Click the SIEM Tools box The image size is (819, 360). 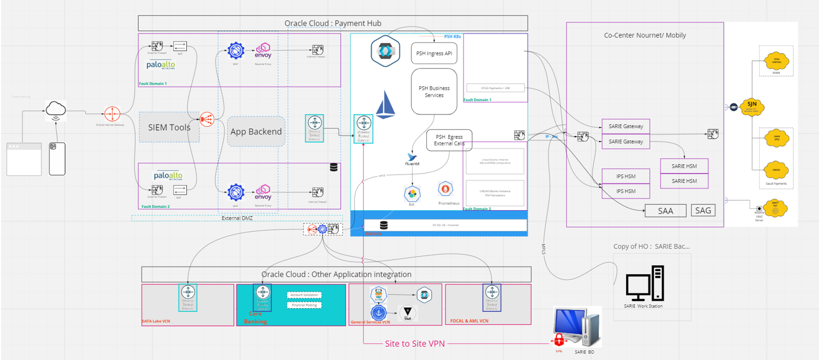point(169,127)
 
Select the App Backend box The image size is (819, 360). point(256,132)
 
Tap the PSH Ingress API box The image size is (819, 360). point(434,54)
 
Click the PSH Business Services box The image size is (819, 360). point(434,91)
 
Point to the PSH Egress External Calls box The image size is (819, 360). point(449,140)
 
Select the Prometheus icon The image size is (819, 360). point(446,190)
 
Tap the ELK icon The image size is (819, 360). point(411,194)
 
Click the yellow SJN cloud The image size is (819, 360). point(752,106)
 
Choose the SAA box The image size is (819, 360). point(665,211)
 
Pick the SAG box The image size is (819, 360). point(703,210)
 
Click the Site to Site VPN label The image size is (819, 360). point(414,343)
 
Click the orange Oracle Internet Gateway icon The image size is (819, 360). point(112,114)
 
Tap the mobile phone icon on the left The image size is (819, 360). point(57,159)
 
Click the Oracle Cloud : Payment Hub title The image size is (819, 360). point(332,23)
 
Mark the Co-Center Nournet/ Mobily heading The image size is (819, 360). point(645,35)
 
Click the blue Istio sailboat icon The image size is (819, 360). point(385,105)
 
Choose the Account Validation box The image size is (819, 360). point(304,295)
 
